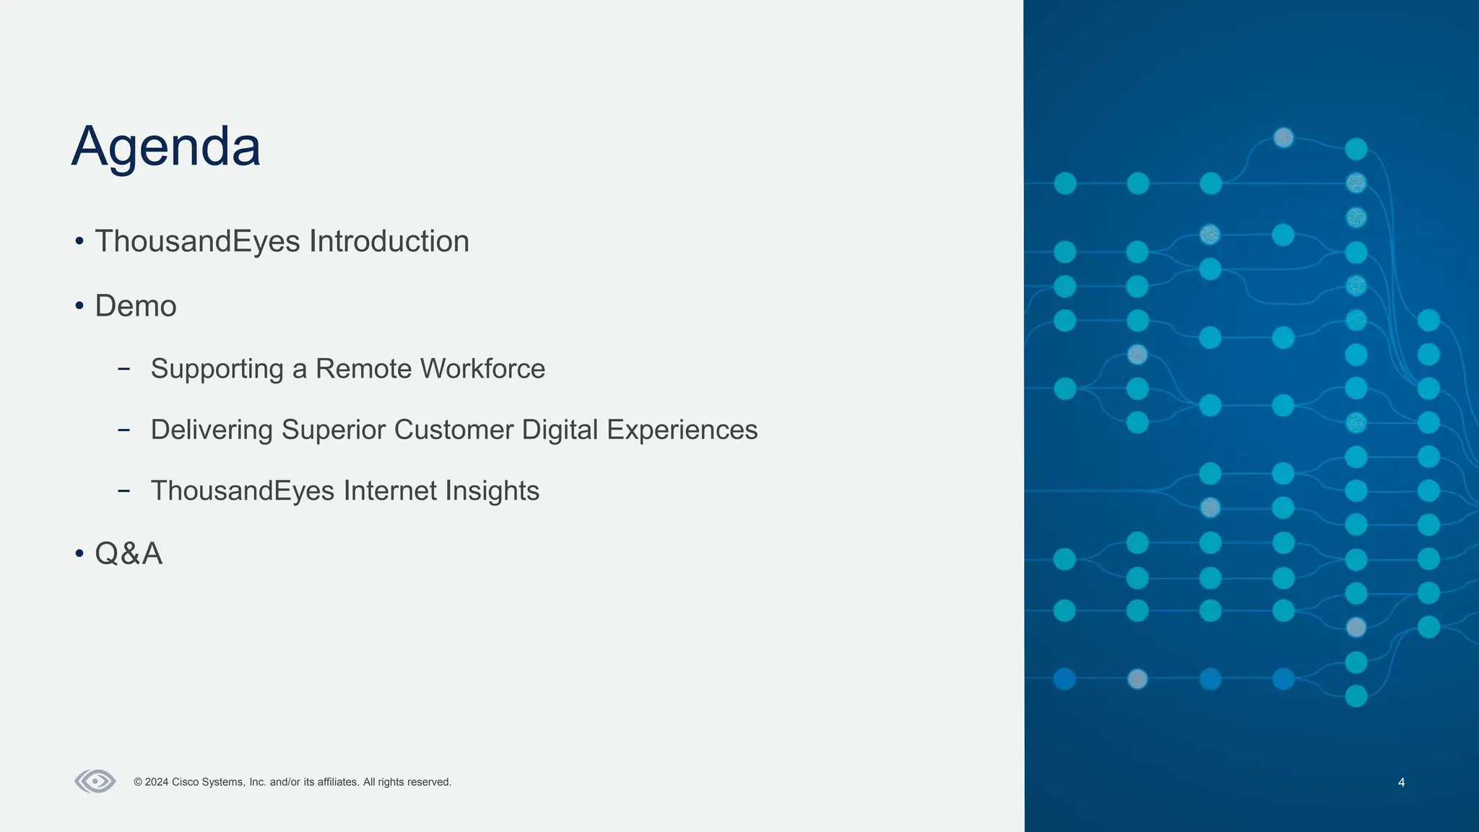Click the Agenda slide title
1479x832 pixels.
[165, 147]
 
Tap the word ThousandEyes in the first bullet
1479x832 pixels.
[198, 241]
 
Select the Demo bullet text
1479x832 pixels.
[136, 306]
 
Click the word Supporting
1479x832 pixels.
[217, 369]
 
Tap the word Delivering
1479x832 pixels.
[212, 430]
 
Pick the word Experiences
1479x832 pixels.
[682, 430]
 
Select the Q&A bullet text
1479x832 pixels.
[129, 554]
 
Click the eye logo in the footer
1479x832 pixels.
[95, 781]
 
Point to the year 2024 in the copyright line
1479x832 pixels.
[157, 782]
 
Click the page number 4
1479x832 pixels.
[1401, 782]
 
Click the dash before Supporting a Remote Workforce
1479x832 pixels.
[123, 369]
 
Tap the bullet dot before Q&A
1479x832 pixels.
[79, 555]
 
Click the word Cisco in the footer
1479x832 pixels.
[185, 782]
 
